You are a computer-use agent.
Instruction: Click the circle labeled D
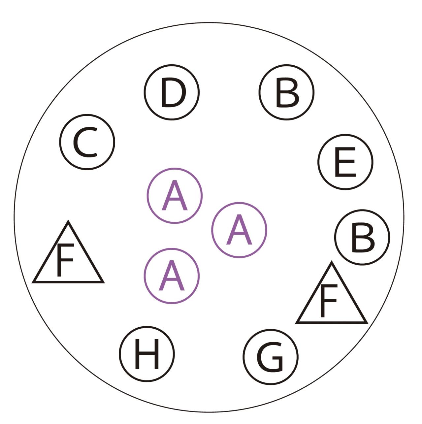point(172,92)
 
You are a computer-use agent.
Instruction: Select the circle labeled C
point(87,142)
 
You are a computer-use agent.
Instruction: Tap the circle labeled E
point(345,162)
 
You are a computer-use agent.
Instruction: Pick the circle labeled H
point(147,354)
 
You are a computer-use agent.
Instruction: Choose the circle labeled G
point(271,357)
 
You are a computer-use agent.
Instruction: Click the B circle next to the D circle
point(287,92)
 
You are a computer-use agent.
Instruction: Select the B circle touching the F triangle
point(362,237)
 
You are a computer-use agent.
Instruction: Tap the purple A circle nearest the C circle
point(174,196)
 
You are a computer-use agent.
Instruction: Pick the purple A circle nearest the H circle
point(172,276)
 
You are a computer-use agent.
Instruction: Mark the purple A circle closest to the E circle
point(239,230)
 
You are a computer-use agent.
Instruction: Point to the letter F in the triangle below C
point(64,260)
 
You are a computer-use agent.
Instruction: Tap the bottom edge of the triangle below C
point(68,282)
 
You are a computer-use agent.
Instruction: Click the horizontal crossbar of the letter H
point(147,355)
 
